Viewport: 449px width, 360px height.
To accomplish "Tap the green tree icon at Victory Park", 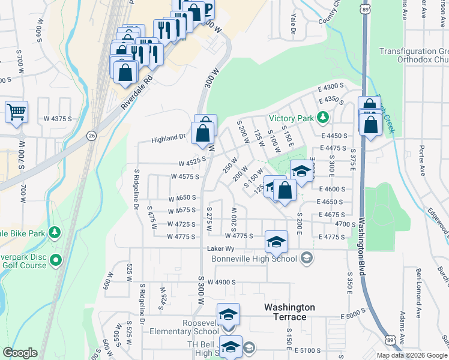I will [x=323, y=116].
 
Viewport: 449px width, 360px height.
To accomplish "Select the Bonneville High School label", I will [x=254, y=259].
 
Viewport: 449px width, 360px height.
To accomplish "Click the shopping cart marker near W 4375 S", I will [x=16, y=112].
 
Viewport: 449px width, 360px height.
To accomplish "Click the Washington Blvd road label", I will [x=362, y=247].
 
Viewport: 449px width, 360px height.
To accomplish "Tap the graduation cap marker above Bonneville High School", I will [x=276, y=242].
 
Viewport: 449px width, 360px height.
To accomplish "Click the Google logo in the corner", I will [x=19, y=353].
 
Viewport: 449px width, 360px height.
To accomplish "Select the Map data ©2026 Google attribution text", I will [x=412, y=355].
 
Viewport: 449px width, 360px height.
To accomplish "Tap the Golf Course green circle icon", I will [x=56, y=260].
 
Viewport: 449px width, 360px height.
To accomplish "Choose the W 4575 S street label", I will [x=184, y=176].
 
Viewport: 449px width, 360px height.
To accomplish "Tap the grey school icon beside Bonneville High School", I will [x=306, y=259].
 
